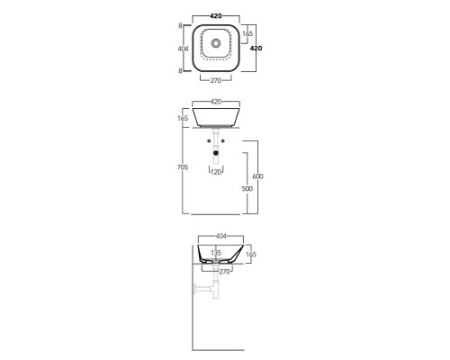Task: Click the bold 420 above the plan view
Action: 216,16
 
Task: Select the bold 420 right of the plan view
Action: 256,48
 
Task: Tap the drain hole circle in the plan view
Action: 216,43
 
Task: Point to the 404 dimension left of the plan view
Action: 183,49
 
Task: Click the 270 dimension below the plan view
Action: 216,80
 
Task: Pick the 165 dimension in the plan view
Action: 247,33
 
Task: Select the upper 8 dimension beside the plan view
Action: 180,26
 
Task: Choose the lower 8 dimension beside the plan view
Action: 180,71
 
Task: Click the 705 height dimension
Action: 183,167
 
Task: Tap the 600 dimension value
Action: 257,176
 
